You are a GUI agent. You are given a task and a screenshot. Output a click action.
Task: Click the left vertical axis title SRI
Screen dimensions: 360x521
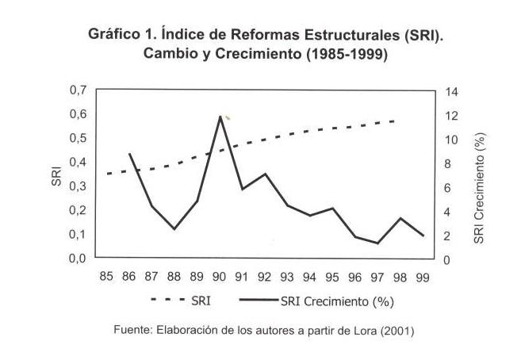point(56,175)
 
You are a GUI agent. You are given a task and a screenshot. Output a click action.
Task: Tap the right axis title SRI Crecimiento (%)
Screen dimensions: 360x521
point(479,188)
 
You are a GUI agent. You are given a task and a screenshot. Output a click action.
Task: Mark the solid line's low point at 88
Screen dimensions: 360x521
point(174,229)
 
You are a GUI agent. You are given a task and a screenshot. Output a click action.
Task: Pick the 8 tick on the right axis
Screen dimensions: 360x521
point(450,164)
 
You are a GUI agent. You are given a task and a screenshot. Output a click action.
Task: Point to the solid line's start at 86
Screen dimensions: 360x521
point(128,153)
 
